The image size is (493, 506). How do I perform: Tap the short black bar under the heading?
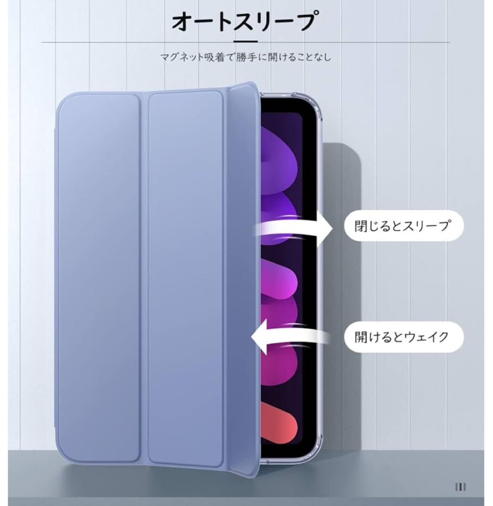tap(246, 41)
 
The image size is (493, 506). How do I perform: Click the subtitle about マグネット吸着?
tap(246, 57)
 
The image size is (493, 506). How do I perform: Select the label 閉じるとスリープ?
tap(402, 226)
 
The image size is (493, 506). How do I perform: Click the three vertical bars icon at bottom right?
tap(460, 487)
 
